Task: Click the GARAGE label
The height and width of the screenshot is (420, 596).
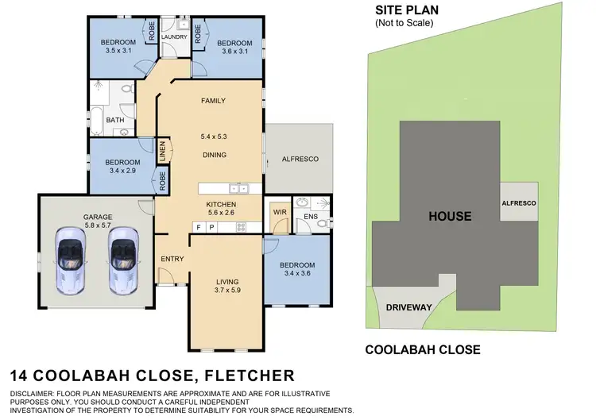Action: pos(99,217)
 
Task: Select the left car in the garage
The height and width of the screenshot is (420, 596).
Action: pos(69,259)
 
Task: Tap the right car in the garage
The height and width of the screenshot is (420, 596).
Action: pos(124,259)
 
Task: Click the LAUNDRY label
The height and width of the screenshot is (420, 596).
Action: pos(174,37)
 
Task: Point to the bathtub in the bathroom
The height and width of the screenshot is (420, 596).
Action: pos(97,123)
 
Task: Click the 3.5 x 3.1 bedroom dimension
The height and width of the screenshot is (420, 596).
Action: pos(116,51)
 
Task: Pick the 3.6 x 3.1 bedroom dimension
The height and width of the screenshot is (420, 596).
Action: pos(234,51)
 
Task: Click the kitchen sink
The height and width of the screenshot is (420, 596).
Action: pos(238,188)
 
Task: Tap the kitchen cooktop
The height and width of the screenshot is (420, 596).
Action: pos(241,228)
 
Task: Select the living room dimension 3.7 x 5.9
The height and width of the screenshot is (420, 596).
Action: pos(227,291)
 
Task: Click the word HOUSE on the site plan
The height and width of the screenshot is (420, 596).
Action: pos(449,216)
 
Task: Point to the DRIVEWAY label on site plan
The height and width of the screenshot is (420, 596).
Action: pos(408,306)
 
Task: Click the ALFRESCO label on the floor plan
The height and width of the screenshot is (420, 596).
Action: pos(300,160)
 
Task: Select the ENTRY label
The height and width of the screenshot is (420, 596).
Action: pos(172,260)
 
